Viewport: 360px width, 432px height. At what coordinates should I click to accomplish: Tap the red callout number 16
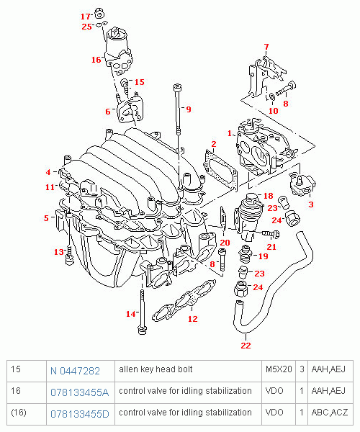click(96, 60)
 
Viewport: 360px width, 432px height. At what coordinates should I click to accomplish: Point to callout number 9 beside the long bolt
click(188, 109)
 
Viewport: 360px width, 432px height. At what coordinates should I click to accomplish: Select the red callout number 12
click(192, 318)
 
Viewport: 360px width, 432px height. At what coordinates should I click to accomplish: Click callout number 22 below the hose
click(246, 346)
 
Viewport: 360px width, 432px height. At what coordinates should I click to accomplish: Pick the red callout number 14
click(130, 314)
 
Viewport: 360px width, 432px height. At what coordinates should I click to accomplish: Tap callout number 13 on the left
click(59, 251)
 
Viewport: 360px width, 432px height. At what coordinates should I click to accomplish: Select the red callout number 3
click(310, 204)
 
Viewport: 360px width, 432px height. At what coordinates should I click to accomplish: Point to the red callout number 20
click(224, 243)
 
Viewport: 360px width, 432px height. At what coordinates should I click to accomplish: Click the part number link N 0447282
click(75, 370)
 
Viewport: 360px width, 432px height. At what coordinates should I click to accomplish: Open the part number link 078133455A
click(79, 392)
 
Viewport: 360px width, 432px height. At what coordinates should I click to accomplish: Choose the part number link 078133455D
click(79, 414)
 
